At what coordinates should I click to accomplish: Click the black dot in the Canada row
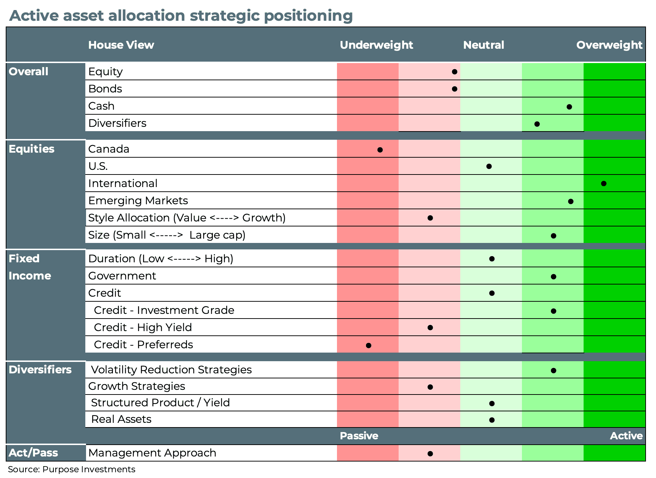click(380, 150)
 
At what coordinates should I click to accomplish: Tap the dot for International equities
click(604, 183)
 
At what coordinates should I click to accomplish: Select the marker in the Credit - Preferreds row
click(369, 345)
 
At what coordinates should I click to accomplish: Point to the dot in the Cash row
click(569, 107)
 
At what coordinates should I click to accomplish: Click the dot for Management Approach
click(430, 454)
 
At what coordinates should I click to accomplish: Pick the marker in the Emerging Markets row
click(571, 201)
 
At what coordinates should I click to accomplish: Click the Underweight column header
click(376, 45)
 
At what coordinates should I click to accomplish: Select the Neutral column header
click(484, 45)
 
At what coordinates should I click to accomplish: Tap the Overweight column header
click(609, 45)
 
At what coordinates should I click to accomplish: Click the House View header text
click(121, 45)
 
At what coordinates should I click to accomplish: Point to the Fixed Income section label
click(29, 267)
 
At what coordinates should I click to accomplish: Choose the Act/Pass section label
click(33, 453)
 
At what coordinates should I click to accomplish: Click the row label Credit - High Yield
click(143, 328)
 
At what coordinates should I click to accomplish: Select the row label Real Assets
click(121, 419)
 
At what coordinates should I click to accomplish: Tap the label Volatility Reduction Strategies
click(171, 370)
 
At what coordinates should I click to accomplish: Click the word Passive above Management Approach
click(359, 436)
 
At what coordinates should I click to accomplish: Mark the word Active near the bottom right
click(626, 436)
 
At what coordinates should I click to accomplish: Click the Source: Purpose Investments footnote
click(72, 469)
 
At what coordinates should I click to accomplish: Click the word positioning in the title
click(308, 16)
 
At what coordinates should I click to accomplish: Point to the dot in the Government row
click(553, 277)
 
